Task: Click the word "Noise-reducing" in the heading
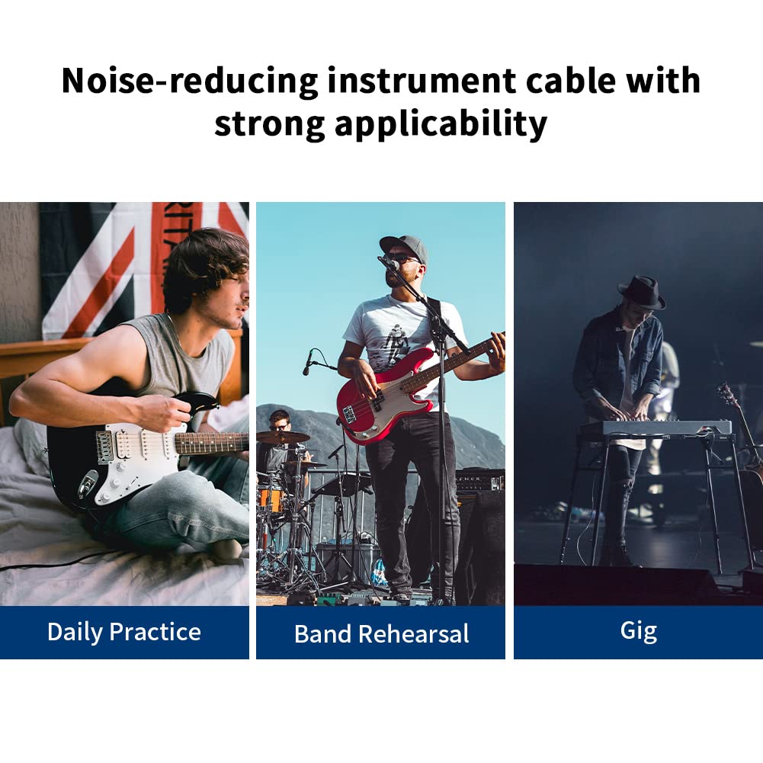point(190,81)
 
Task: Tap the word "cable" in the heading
point(570,80)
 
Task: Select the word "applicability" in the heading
point(441,124)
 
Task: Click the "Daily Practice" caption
point(124,632)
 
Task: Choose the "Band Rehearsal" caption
point(381,634)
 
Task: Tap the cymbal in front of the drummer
point(283,437)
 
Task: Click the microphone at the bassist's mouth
point(390,263)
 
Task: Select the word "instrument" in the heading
point(422,81)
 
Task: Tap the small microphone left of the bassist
point(307,363)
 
